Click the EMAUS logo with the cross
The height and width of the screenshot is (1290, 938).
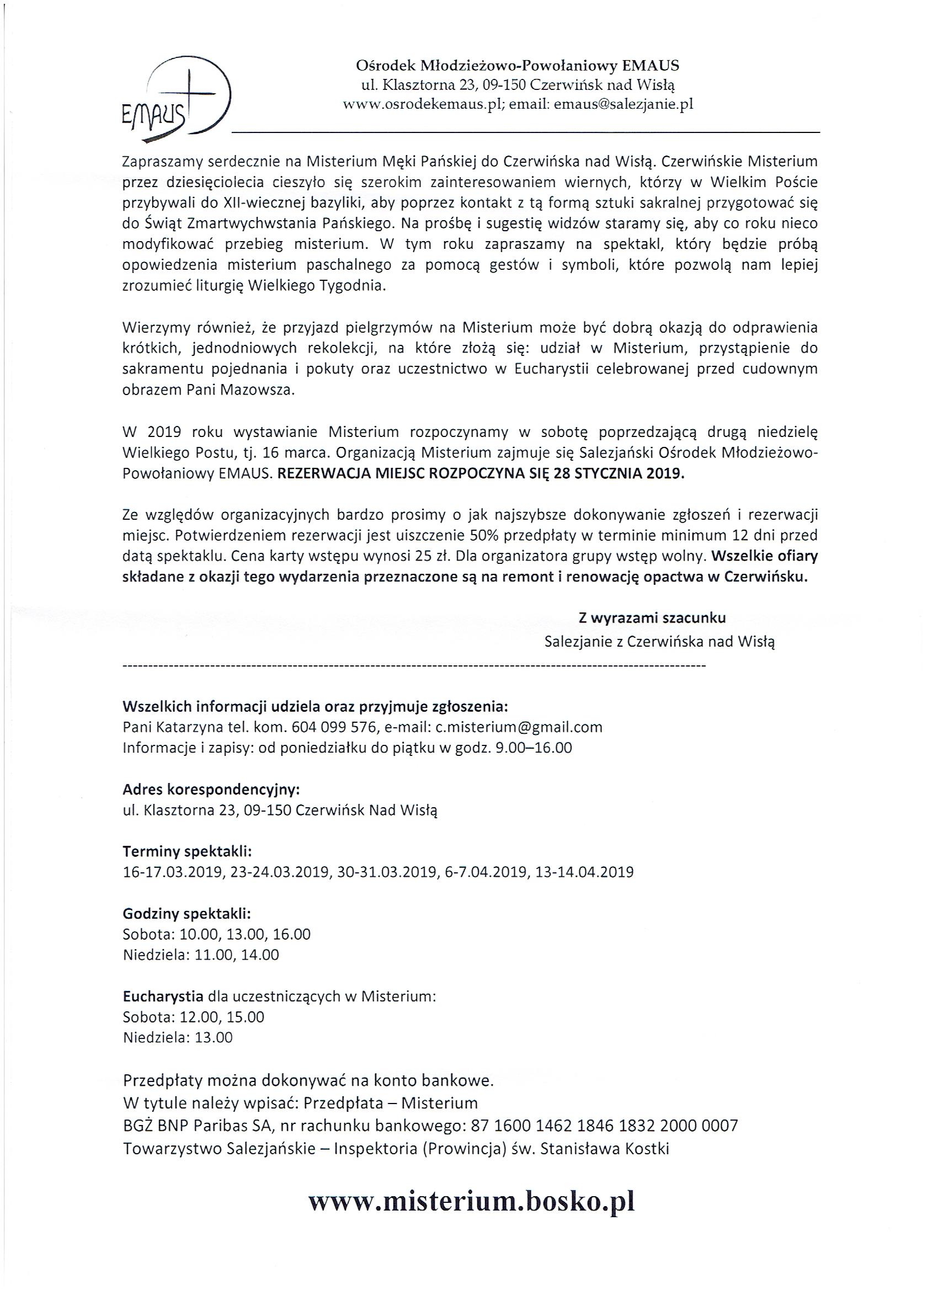pos(174,99)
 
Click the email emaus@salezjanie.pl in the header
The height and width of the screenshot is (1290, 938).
pos(623,105)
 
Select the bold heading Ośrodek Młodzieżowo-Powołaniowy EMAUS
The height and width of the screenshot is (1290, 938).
pos(517,66)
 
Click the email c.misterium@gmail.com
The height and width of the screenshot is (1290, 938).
pos(518,726)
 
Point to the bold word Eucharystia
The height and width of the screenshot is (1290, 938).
pos(163,996)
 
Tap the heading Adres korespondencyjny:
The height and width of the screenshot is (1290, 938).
pos(211,790)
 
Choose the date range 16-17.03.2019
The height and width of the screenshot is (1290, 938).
pos(172,872)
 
